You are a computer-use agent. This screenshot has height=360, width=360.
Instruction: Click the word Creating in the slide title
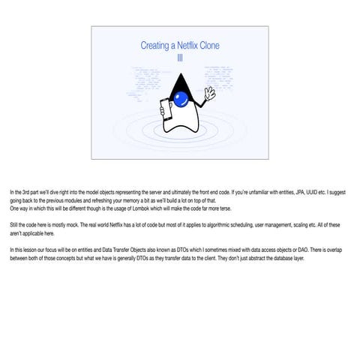click(x=154, y=46)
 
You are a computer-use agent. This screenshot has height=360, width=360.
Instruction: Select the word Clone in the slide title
click(x=210, y=46)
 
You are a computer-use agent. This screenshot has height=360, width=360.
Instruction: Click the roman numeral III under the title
click(x=180, y=58)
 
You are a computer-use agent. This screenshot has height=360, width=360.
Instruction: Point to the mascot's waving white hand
click(x=208, y=94)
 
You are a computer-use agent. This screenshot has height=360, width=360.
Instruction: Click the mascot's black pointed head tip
click(x=181, y=76)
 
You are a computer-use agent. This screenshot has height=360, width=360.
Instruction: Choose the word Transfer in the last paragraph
click(x=125, y=248)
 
